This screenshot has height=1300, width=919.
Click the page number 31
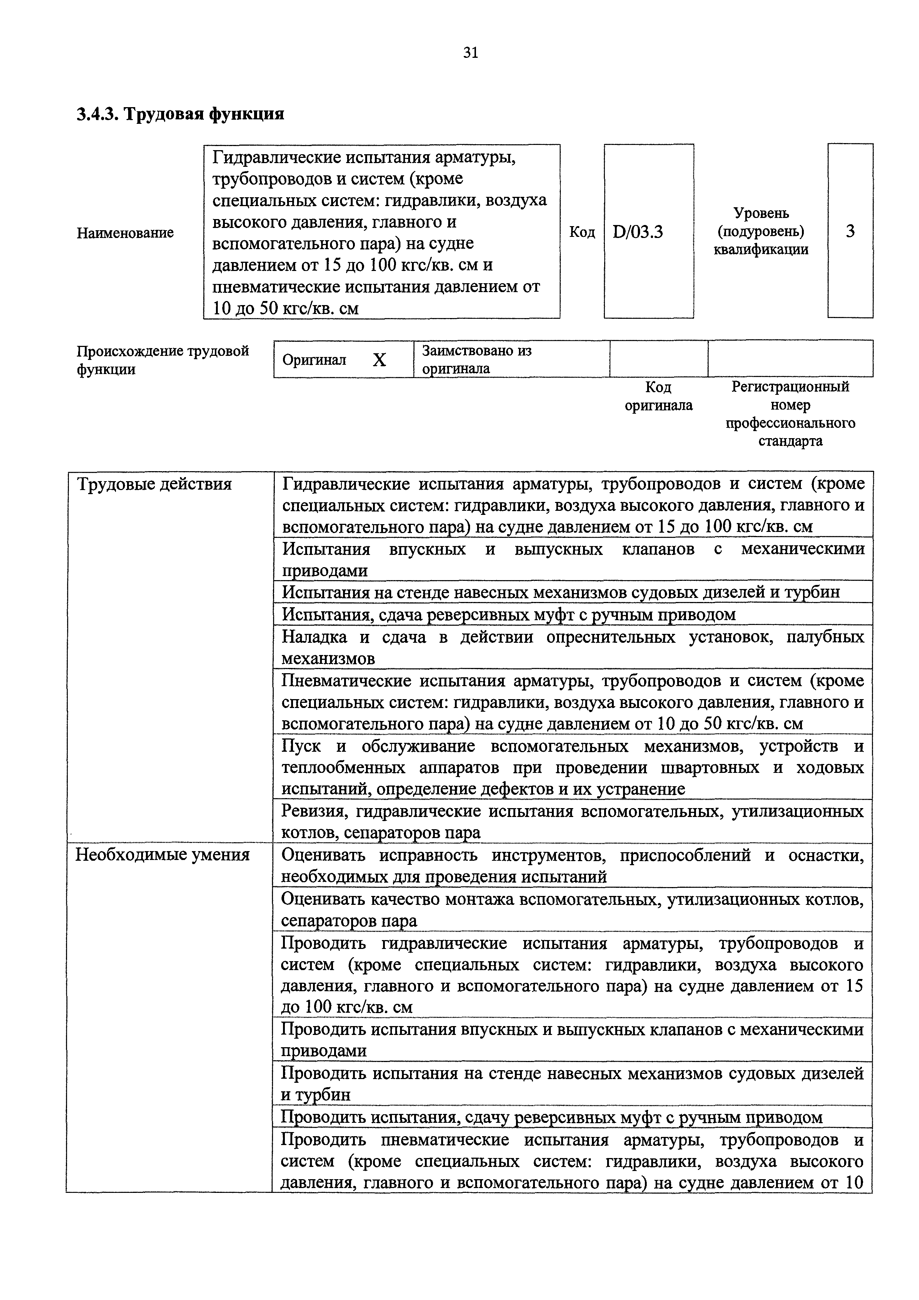tap(470, 53)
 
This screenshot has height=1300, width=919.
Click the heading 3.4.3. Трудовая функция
tap(180, 115)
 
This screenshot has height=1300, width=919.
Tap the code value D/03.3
tap(638, 232)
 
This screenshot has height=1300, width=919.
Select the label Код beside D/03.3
tap(582, 232)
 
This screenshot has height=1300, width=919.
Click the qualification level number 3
tap(850, 231)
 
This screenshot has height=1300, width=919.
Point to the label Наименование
tap(125, 233)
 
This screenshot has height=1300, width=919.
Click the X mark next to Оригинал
tap(379, 360)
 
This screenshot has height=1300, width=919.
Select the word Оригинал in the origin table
tap(314, 360)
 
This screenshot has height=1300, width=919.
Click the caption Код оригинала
tap(658, 396)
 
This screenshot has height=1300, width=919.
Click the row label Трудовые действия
tap(154, 484)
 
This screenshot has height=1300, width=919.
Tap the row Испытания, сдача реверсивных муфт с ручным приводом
tap(508, 614)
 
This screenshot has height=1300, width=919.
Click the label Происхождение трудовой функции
tap(162, 360)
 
